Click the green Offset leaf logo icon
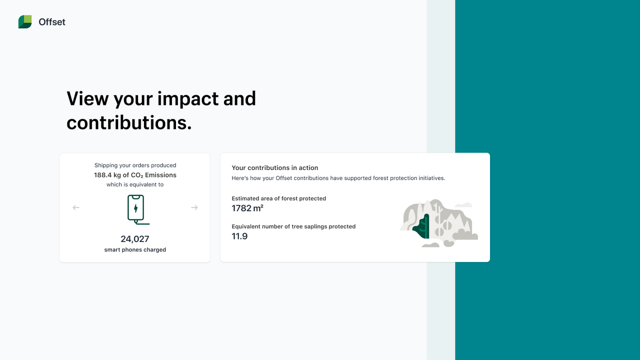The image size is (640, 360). pos(25,22)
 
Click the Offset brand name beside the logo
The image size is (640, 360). pos(52,22)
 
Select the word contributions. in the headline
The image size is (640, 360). pos(129,122)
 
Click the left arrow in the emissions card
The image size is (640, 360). pos(76,207)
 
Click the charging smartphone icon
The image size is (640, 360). pos(136,209)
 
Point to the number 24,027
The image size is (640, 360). pos(135,239)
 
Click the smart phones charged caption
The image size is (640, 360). pos(135,249)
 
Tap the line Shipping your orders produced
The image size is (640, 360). pos(135,165)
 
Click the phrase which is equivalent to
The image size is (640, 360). pos(135,184)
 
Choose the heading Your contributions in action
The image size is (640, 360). pos(275,168)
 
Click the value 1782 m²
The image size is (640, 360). pos(247,208)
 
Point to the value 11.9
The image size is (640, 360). pos(239,236)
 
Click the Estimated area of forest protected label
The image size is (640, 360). pos(279,198)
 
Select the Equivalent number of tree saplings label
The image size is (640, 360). pos(293,226)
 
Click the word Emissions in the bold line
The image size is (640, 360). pos(160,175)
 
